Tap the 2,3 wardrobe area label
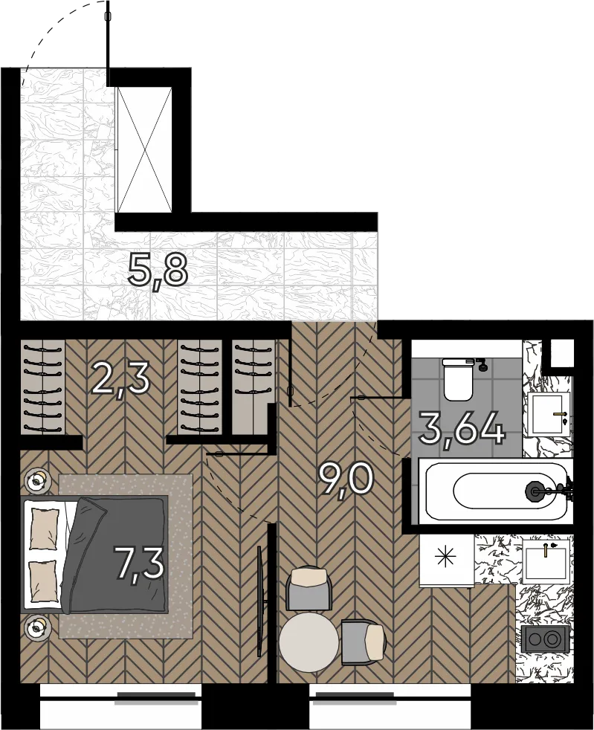(x=121, y=379)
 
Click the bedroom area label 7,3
(x=140, y=564)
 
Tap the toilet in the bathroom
(x=459, y=378)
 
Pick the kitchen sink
(x=545, y=561)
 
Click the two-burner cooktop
(x=545, y=638)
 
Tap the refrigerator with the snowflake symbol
(x=447, y=561)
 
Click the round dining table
(x=309, y=642)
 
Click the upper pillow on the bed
(x=45, y=529)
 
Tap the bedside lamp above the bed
(x=37, y=480)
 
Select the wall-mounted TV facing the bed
(x=259, y=601)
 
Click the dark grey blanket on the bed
(x=117, y=554)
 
